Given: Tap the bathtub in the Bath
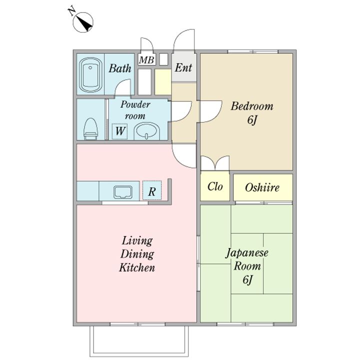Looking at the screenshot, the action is pyautogui.click(x=90, y=74).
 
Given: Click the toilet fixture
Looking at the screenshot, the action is pyautogui.click(x=91, y=129).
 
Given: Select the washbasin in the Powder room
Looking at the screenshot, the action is pyautogui.click(x=146, y=131).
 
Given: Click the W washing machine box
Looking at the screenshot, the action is pyautogui.click(x=119, y=131).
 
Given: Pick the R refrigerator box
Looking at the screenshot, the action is pyautogui.click(x=152, y=190).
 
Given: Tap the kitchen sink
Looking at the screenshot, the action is pyautogui.click(x=123, y=192).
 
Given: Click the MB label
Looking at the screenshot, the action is pyautogui.click(x=146, y=60).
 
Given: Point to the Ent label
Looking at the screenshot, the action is pyautogui.click(x=183, y=67).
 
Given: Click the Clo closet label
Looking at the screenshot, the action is pyautogui.click(x=215, y=186).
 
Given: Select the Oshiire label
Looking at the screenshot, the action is pyautogui.click(x=262, y=187).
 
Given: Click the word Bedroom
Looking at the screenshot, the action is pyautogui.click(x=252, y=106).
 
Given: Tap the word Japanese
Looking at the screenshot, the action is pyautogui.click(x=247, y=253).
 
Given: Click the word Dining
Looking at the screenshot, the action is pyautogui.click(x=137, y=254).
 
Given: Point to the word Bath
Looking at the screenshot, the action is pyautogui.click(x=120, y=68).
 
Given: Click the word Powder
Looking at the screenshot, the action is pyautogui.click(x=135, y=104).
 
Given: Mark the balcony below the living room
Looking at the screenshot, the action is pyautogui.click(x=139, y=340).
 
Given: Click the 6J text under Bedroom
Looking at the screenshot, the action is pyautogui.click(x=252, y=120).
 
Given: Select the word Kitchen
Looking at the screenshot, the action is pyautogui.click(x=137, y=267).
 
